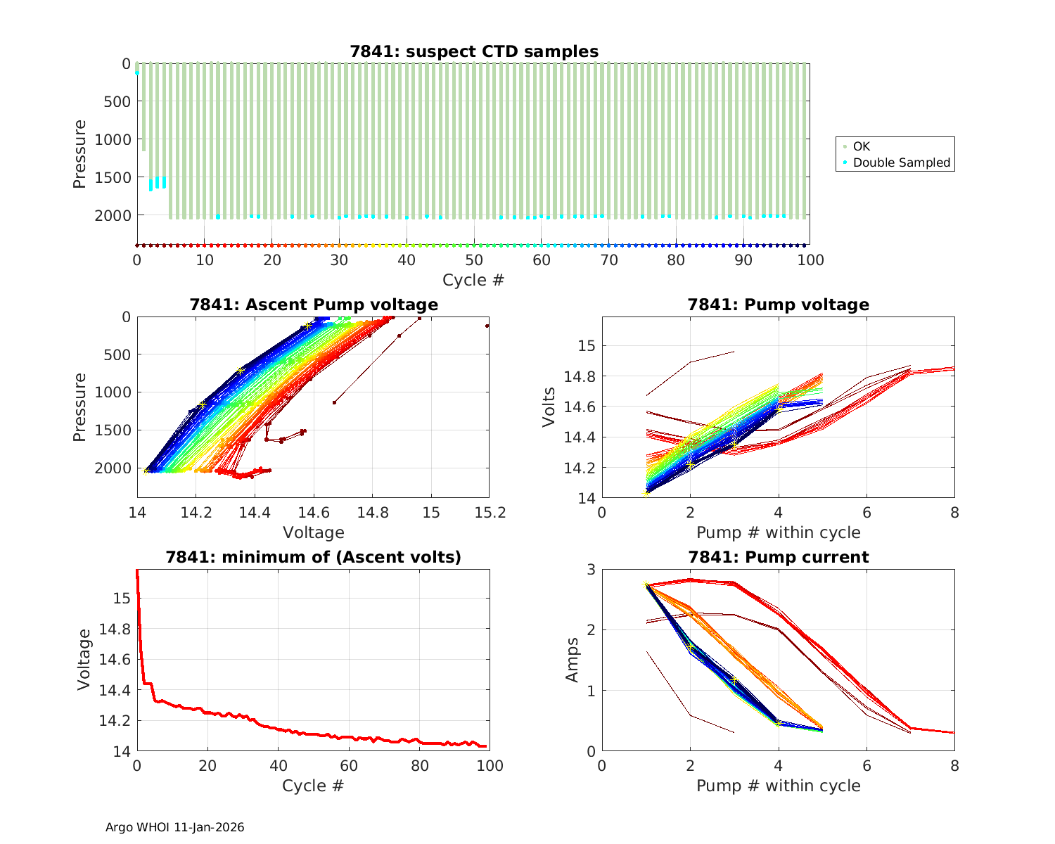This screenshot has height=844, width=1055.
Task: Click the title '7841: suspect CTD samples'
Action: tap(473, 51)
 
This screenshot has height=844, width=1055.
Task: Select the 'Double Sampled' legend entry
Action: tap(901, 162)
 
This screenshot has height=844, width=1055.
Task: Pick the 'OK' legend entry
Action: tap(861, 146)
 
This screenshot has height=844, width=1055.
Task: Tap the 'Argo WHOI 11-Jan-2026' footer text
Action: tap(174, 827)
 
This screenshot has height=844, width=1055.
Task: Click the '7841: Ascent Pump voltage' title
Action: tap(313, 305)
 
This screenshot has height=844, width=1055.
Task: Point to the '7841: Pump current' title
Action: tap(778, 557)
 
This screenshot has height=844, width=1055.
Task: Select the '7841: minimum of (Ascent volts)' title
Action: tap(313, 557)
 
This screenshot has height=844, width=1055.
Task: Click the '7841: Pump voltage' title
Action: tap(778, 305)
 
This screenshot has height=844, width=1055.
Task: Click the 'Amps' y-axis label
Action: tap(573, 659)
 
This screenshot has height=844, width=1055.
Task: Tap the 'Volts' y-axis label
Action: tap(549, 407)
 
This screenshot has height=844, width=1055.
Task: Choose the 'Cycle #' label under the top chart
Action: tap(473, 280)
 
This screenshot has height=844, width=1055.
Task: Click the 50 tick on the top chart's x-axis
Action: tap(474, 260)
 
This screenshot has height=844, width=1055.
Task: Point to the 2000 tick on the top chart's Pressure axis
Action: tap(113, 215)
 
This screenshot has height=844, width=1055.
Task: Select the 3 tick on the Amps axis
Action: tap(590, 569)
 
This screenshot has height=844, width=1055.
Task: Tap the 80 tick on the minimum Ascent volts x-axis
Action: tap(419, 766)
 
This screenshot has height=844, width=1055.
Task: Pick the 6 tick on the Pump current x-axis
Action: tap(867, 766)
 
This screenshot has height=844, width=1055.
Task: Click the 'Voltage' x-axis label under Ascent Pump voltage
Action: tap(313, 532)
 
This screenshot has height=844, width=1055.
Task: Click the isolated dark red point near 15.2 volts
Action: tap(487, 326)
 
